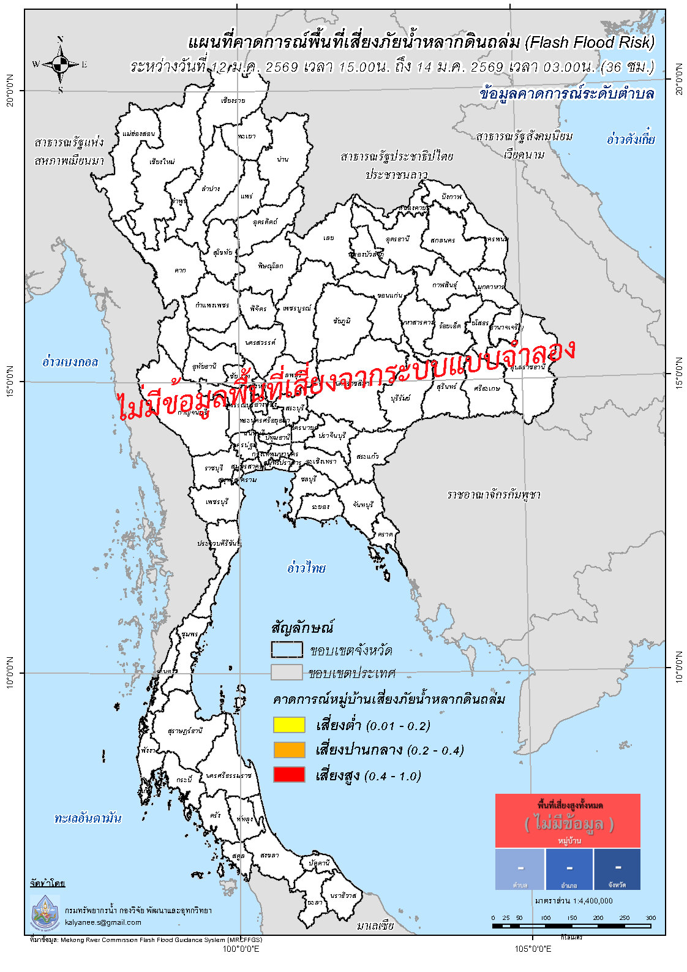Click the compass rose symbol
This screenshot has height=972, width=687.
[60, 64]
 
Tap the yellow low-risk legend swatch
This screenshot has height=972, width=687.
[288, 725]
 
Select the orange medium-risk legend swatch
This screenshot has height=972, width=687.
[288, 750]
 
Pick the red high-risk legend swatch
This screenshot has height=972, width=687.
[288, 774]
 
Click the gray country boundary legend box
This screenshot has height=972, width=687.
[287, 672]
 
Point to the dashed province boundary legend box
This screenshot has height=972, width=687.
[287, 649]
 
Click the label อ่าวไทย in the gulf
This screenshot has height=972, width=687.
[306, 568]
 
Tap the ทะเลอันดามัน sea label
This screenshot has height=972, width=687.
[88, 818]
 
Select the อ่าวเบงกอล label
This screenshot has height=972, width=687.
[70, 361]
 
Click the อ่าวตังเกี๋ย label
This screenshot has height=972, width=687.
[630, 139]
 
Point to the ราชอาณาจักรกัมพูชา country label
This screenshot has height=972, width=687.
[494, 494]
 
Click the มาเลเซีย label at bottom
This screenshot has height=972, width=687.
[375, 925]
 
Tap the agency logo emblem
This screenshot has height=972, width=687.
[45, 911]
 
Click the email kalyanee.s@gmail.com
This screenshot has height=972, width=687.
[103, 922]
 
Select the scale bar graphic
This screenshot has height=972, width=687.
[571, 926]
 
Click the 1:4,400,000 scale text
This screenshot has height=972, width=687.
[573, 901]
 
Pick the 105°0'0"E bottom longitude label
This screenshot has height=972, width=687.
[532, 949]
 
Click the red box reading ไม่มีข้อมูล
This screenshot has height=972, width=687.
[568, 821]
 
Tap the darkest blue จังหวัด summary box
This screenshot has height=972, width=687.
[617, 869]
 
